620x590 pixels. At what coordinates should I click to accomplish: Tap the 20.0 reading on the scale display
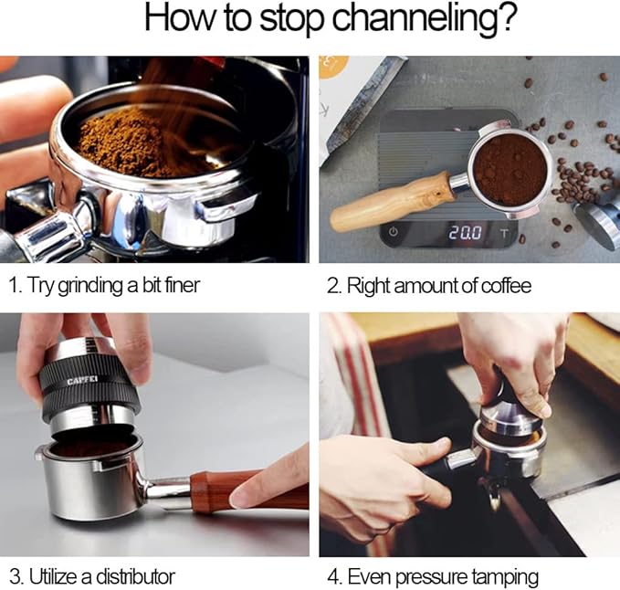[465, 233]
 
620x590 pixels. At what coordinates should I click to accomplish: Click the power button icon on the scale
[393, 232]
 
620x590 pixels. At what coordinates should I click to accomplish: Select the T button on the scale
[504, 233]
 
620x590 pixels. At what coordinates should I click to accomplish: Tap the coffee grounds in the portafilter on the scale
[510, 170]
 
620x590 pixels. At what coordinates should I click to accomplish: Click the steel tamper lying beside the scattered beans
[598, 222]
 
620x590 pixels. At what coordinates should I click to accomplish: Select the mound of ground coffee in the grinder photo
[146, 142]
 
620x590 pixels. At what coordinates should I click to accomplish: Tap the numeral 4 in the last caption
[334, 577]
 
